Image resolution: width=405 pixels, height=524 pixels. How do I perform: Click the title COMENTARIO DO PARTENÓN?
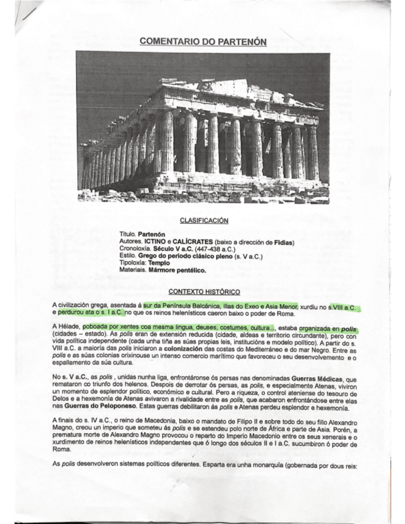[x=203, y=41]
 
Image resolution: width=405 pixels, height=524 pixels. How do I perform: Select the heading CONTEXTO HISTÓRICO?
[x=202, y=290]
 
